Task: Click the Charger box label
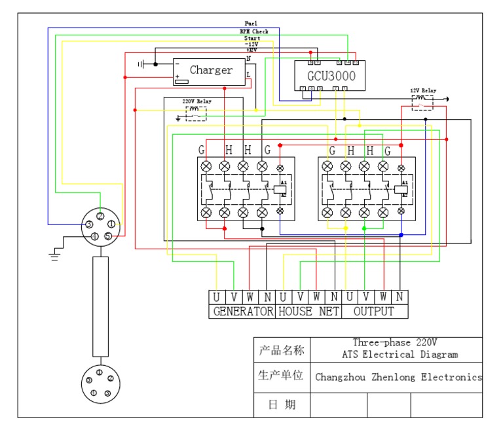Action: pyautogui.click(x=211, y=70)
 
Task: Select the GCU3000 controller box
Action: pyautogui.click(x=331, y=76)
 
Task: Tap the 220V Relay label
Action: pyautogui.click(x=196, y=102)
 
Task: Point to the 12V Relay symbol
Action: pyautogui.click(x=422, y=102)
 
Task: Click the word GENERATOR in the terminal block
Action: pyautogui.click(x=242, y=311)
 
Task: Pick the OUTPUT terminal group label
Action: pyautogui.click(x=374, y=311)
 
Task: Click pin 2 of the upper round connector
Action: pyautogui.click(x=100, y=216)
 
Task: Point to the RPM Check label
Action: pyautogui.click(x=253, y=31)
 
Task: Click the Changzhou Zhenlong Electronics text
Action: pyautogui.click(x=398, y=378)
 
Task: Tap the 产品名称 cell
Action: pyautogui.click(x=282, y=351)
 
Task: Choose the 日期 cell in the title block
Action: pyautogui.click(x=282, y=405)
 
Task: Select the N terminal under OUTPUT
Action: pyautogui.click(x=399, y=296)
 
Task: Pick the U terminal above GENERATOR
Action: pyautogui.click(x=217, y=296)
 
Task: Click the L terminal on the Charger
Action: pyautogui.click(x=248, y=75)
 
